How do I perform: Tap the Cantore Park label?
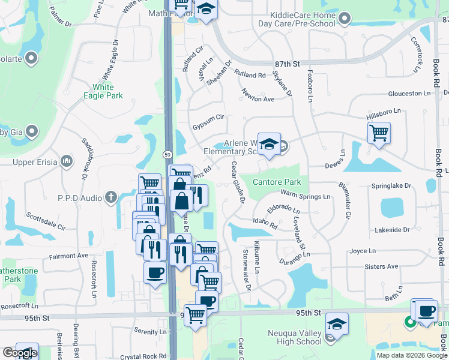pos(276,181)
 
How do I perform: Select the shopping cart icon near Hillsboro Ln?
pos(379,133)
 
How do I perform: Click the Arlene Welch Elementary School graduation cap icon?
pos(269,144)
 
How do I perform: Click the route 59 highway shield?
pos(167,154)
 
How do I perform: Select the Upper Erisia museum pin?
pos(66,161)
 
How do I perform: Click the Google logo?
pos(19,353)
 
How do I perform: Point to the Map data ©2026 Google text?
pos(411,355)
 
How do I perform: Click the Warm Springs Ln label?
pos(306,197)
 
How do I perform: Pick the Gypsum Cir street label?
pos(208,127)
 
